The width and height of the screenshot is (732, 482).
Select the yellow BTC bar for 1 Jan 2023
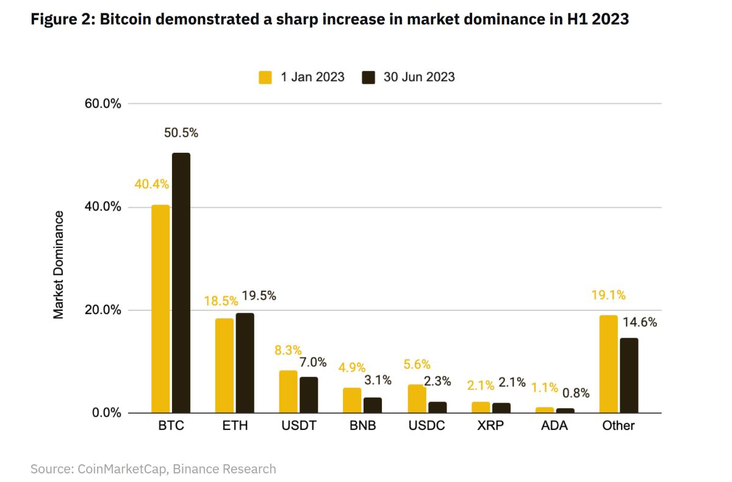tap(160, 309)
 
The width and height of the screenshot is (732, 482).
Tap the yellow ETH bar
tap(224, 365)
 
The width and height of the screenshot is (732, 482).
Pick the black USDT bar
tap(309, 395)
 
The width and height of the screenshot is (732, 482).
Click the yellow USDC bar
tap(417, 398)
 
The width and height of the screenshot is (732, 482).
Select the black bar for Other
tap(629, 375)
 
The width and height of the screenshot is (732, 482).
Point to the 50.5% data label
tap(181, 133)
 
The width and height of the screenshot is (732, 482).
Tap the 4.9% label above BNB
tap(352, 368)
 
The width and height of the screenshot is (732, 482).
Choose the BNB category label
tap(362, 426)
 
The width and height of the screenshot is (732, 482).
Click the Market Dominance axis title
tap(59, 265)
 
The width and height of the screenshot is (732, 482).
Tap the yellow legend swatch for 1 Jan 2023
tap(265, 78)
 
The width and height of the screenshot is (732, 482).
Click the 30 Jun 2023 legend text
tap(419, 78)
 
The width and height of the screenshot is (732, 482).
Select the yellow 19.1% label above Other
tap(608, 295)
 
